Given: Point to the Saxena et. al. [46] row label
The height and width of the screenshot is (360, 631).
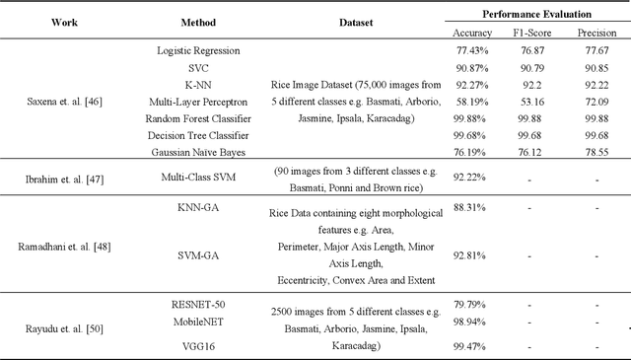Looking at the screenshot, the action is [64, 100].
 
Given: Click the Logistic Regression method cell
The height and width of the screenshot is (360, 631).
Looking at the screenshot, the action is [198, 50].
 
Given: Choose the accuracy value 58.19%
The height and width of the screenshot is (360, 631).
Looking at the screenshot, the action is [467, 101].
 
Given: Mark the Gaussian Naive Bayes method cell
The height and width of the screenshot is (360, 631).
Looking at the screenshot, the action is [198, 152].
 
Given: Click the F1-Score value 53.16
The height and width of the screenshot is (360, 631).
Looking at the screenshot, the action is [532, 101].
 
